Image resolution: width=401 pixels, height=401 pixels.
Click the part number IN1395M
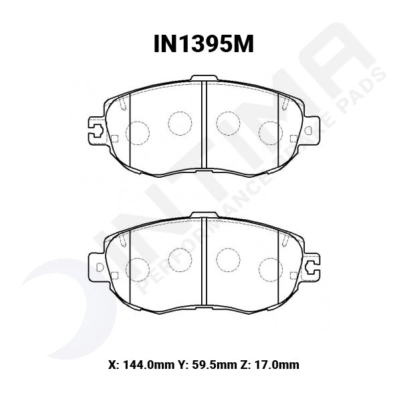pyautogui.click(x=200, y=45)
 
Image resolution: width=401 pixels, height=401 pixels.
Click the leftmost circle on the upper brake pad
pyautogui.click(x=137, y=130)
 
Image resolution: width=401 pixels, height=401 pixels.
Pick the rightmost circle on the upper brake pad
pyautogui.click(x=269, y=130)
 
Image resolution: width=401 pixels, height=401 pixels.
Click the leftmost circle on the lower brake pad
pyautogui.click(x=137, y=268)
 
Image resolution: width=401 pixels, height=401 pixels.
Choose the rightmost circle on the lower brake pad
pyautogui.click(x=269, y=268)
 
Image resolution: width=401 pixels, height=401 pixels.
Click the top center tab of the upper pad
pyautogui.click(x=203, y=79)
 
